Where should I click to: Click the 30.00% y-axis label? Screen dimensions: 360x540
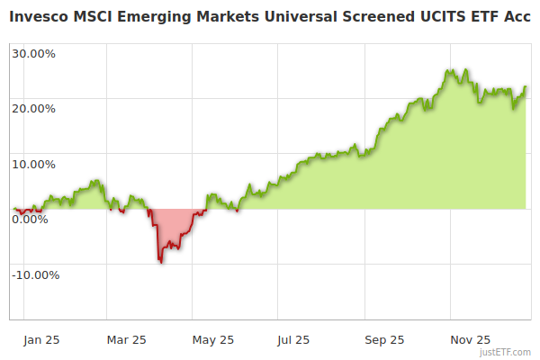(33, 53)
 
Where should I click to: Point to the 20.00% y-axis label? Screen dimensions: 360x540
(33, 108)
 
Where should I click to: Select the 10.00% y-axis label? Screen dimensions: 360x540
(33, 164)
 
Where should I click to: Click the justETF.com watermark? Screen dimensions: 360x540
(507, 353)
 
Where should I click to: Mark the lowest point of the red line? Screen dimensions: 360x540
(161, 262)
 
